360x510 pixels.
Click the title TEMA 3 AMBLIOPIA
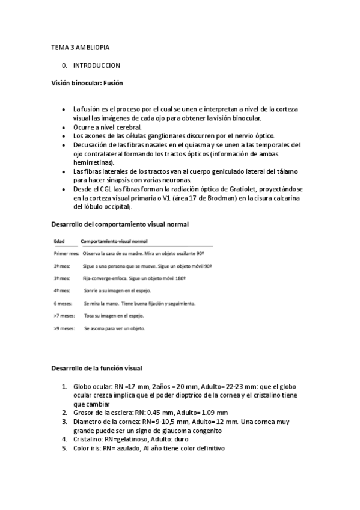pos(80,47)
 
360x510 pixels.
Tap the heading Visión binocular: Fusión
pos(87,83)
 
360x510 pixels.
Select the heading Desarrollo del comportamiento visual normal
pos(120,224)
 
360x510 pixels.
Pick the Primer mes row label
pos(66,254)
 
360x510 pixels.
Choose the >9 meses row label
pos(64,328)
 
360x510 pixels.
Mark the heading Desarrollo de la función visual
pos(96,367)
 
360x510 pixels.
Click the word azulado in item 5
pos(127,448)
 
